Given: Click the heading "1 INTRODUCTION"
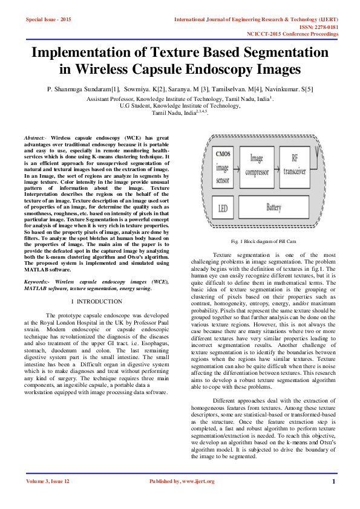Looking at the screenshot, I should (x=96, y=300).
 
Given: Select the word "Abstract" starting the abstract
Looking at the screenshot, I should (x=35, y=138).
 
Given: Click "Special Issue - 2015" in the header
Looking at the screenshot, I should (x=48, y=20).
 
